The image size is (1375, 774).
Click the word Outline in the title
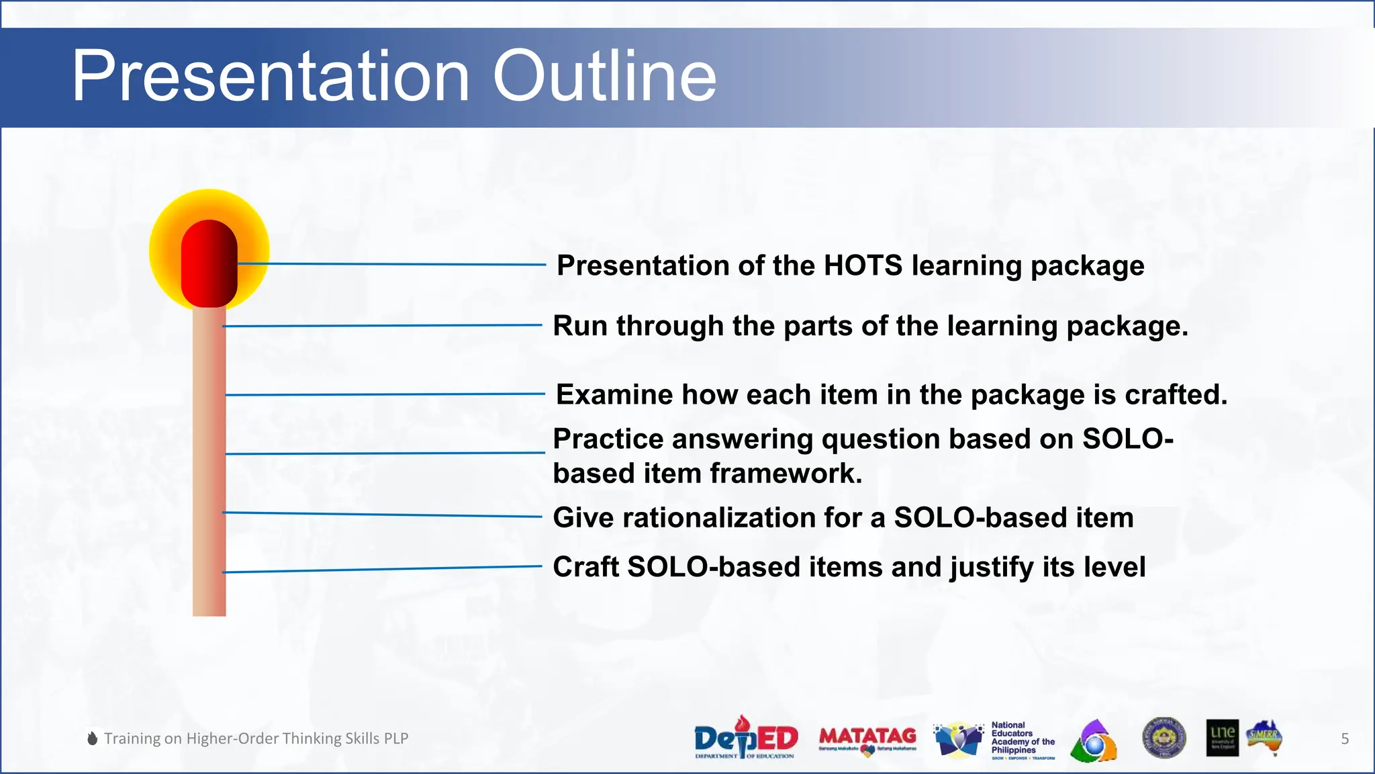604,75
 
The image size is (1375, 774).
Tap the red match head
209,263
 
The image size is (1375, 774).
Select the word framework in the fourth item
786,474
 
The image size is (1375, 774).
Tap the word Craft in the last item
585,567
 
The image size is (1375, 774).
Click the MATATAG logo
867,738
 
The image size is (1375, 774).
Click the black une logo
1222,738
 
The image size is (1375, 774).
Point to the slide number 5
1344,738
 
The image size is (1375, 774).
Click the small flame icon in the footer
93,738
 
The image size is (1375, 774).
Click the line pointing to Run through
383,326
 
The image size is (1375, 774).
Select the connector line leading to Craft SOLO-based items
383,569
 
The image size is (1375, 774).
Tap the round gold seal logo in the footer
1164,737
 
